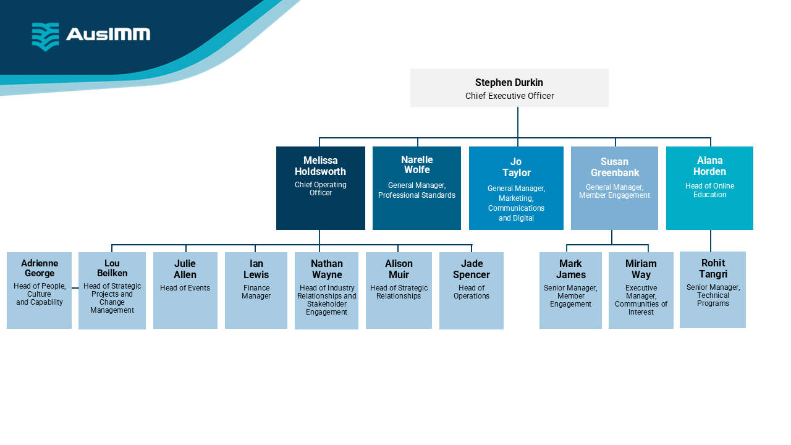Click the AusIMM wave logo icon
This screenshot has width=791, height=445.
click(x=45, y=36)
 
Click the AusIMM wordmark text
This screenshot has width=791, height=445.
click(x=108, y=34)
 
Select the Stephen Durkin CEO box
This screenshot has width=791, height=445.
click(x=509, y=88)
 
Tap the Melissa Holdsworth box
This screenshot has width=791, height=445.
click(x=320, y=188)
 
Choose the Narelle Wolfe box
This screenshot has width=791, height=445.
click(x=417, y=188)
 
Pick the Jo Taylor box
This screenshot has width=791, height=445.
click(x=516, y=188)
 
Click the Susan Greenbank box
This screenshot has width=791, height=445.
click(x=614, y=188)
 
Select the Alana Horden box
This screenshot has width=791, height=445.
click(x=709, y=188)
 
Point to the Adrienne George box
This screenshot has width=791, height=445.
click(x=39, y=290)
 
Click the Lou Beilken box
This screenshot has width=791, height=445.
click(x=112, y=290)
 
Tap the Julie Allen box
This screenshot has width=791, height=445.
click(x=185, y=290)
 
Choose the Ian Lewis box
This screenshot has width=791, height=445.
click(x=256, y=290)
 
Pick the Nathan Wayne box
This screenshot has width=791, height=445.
click(x=326, y=290)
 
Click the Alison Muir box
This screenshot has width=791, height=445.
click(x=399, y=290)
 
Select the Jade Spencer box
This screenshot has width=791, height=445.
click(x=471, y=290)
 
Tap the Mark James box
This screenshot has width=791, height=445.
click(x=570, y=290)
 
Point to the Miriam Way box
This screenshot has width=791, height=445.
click(x=641, y=290)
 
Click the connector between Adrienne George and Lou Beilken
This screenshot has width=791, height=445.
click(x=75, y=288)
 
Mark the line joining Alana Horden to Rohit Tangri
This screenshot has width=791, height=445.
click(x=711, y=240)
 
